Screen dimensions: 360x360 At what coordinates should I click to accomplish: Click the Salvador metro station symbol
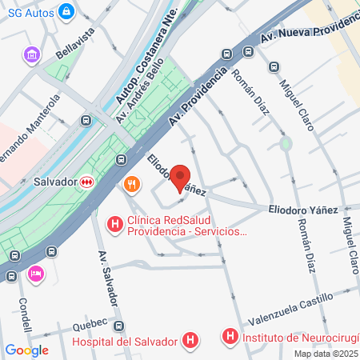tap(86, 182)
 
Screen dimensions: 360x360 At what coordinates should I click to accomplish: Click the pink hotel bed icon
tap(35, 274)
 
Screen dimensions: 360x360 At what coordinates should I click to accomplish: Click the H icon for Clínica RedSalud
tap(115, 222)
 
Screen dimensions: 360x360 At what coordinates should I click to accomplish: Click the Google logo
tap(26, 350)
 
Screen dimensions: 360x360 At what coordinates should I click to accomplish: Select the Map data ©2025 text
tap(326, 354)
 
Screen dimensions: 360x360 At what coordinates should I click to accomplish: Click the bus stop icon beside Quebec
tap(119, 326)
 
